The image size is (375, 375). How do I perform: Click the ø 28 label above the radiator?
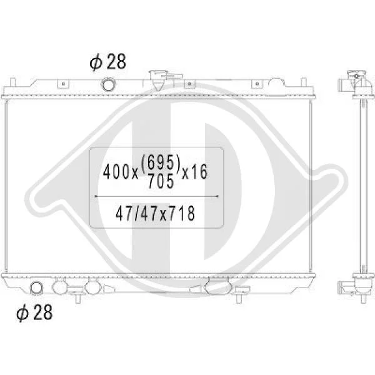[x=107, y=62]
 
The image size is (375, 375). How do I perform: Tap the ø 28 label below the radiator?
[x=34, y=312]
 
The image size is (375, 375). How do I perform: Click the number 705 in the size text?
[x=161, y=181]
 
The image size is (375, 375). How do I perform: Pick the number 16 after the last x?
[x=199, y=172]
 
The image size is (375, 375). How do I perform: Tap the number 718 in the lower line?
[x=182, y=214]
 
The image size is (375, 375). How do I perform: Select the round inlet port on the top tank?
[x=108, y=84]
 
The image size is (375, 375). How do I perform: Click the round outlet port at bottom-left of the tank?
[x=36, y=287]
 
